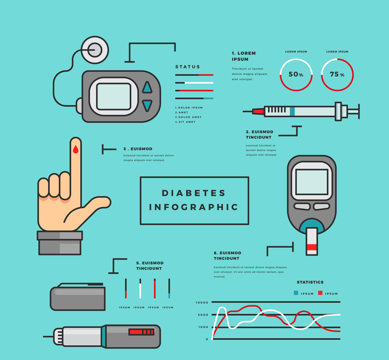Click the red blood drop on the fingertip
pyautogui.click(x=75, y=149)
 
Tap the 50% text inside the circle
pyautogui.click(x=296, y=74)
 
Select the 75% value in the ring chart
pyautogui.click(x=337, y=74)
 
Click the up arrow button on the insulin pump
pyautogui.click(x=147, y=87)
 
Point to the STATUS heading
pyautogui.click(x=187, y=67)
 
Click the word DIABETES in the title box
pyautogui.click(x=194, y=193)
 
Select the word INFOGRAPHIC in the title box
pyautogui.click(x=194, y=207)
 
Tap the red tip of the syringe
pyautogui.click(x=258, y=111)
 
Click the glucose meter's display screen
pyautogui.click(x=312, y=182)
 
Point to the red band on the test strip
pyautogui.click(x=312, y=247)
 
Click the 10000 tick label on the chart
pyautogui.click(x=202, y=302)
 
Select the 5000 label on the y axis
pyautogui.click(x=203, y=315)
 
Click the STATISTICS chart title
pyautogui.click(x=310, y=282)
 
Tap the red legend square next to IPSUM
pyautogui.click(x=320, y=293)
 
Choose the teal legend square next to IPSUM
pyautogui.click(x=296, y=293)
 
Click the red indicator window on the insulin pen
pyautogui.click(x=141, y=332)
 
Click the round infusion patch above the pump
pyautogui.click(x=95, y=50)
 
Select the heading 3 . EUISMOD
pyautogui.click(x=138, y=149)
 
